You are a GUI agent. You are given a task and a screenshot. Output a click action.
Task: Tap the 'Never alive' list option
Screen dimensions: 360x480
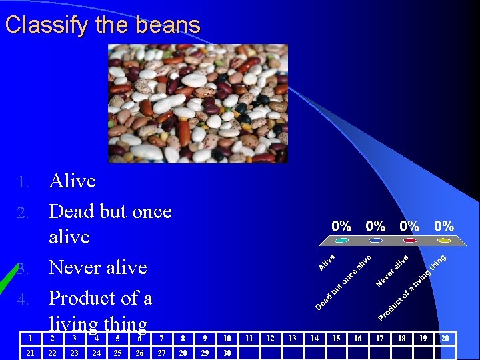97,267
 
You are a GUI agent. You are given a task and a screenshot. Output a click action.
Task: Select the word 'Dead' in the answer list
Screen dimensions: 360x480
75,211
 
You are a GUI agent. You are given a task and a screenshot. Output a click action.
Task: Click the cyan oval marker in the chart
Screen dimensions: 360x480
342,240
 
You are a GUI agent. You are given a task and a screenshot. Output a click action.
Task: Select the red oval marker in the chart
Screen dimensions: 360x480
410,240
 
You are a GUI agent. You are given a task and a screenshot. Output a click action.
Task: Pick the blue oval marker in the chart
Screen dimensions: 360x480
376,240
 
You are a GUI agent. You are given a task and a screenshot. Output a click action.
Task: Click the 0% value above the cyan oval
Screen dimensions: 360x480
342,226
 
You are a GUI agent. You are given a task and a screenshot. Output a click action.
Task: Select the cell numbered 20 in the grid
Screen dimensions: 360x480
445,339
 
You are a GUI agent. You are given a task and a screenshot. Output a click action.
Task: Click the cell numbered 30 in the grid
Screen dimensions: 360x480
227,353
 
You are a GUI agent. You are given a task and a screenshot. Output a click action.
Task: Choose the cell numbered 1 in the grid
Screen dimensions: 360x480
31,339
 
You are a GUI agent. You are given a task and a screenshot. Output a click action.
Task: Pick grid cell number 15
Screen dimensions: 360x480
336,339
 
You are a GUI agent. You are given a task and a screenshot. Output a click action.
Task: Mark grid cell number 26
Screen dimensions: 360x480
139,353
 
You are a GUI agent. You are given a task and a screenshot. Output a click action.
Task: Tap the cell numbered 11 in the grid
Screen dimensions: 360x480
249,339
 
